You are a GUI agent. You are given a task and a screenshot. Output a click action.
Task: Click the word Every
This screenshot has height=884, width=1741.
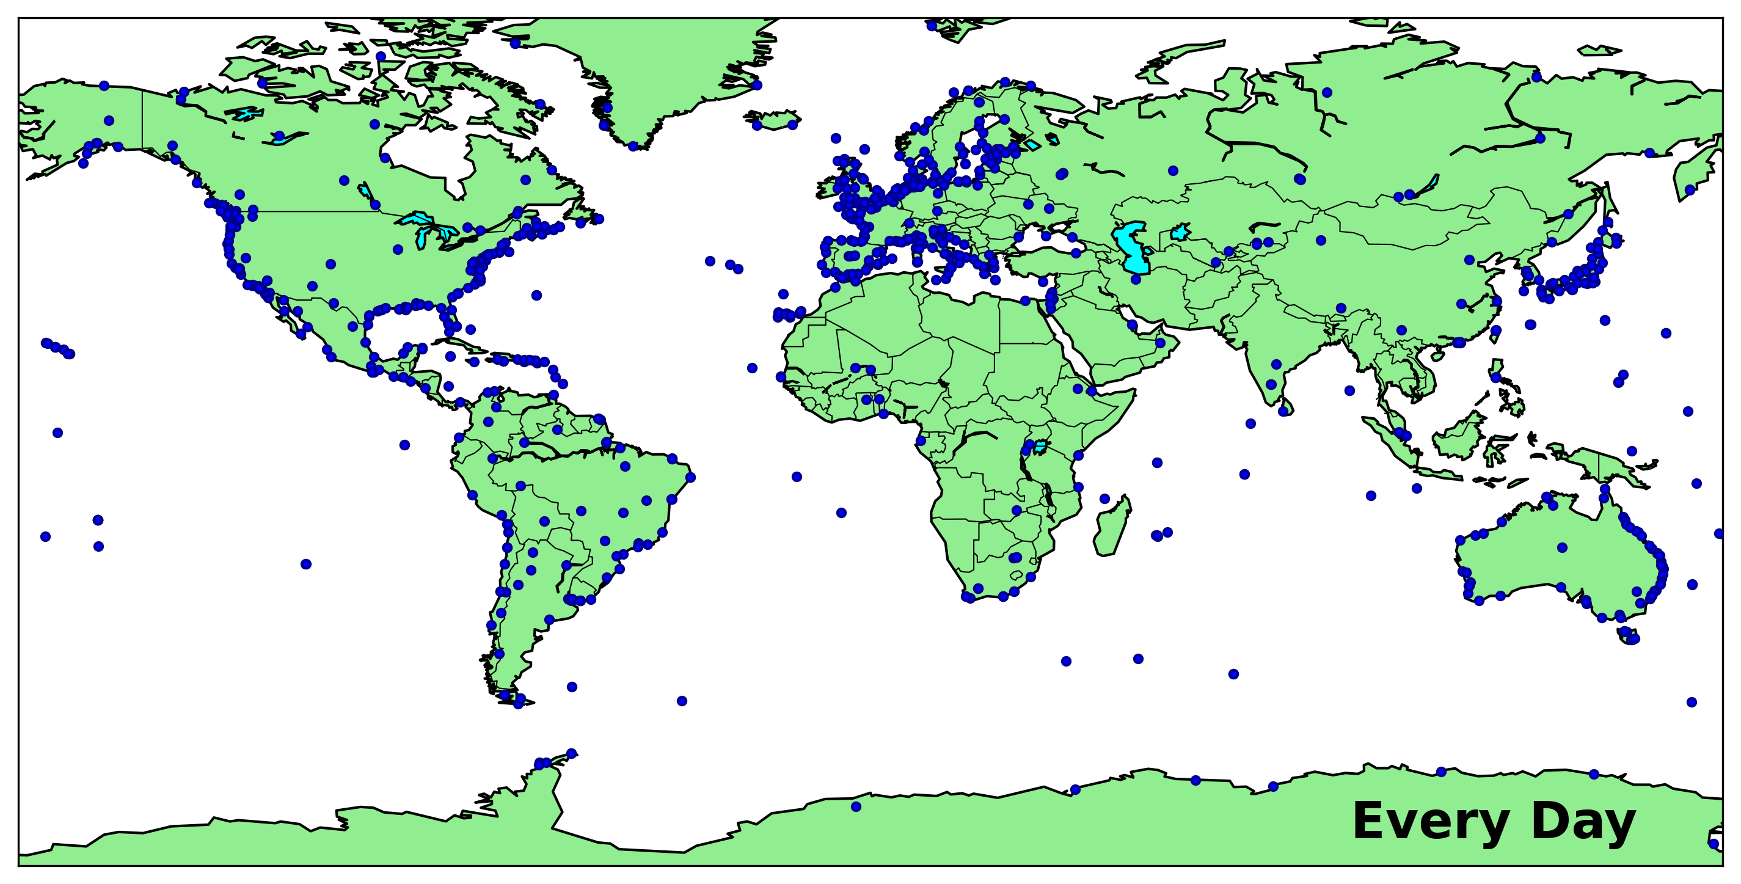[1430, 822]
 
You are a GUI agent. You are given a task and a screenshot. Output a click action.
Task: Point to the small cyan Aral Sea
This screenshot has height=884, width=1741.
[1180, 233]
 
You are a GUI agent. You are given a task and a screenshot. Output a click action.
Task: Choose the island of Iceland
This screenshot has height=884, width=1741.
[774, 120]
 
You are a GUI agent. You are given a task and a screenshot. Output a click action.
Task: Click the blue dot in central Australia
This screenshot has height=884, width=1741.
[1562, 547]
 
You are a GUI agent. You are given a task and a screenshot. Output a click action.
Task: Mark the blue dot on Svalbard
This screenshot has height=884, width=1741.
[932, 26]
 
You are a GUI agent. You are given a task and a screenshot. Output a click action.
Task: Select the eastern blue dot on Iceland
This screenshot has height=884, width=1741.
[792, 125]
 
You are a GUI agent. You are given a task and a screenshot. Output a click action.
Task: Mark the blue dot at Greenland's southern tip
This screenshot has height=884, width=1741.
[633, 146]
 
